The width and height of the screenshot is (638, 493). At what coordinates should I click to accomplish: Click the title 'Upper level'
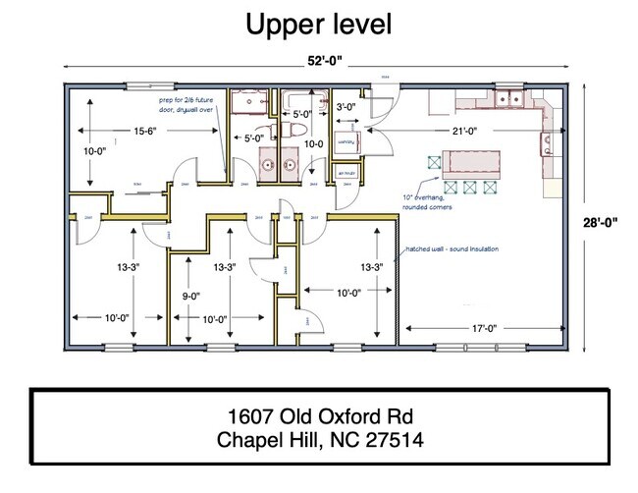pos(318,24)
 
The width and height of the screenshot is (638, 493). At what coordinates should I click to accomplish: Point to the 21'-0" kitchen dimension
pos(466,131)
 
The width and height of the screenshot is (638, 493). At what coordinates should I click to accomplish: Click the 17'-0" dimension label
pos(481,328)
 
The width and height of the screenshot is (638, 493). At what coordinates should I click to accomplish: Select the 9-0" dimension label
pos(189,296)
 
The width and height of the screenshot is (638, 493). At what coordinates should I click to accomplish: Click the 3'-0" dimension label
pos(346,106)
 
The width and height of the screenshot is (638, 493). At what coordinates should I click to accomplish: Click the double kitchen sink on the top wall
pos(509,99)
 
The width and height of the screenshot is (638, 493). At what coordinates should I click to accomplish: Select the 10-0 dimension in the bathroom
pos(313,143)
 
